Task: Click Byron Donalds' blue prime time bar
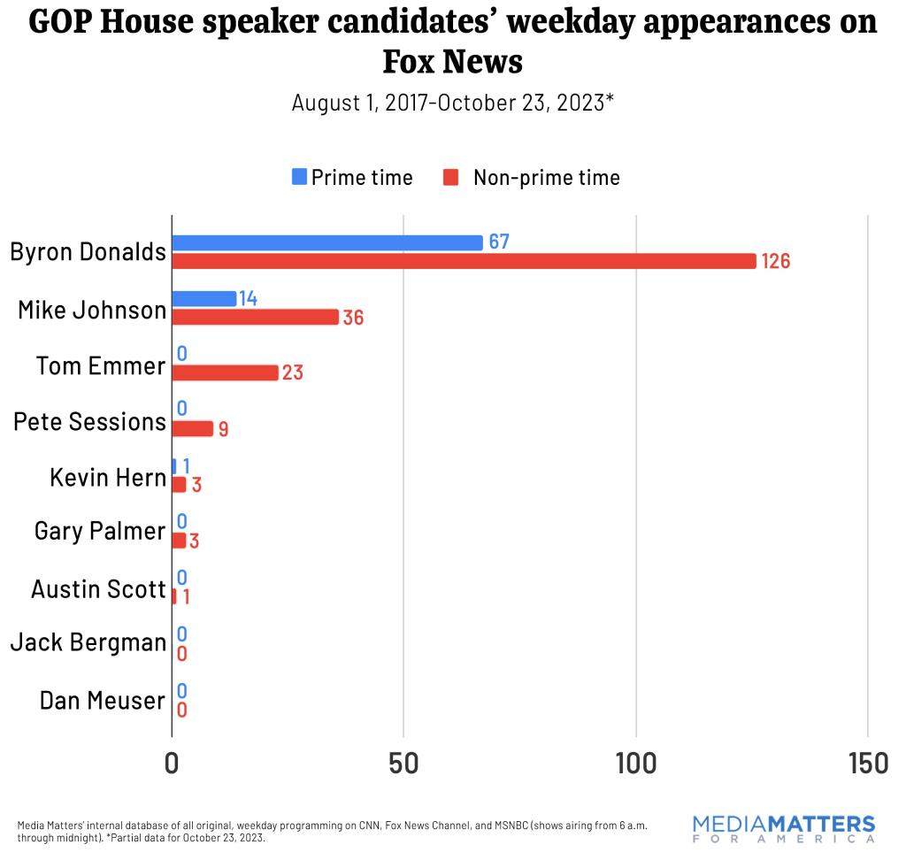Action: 327,242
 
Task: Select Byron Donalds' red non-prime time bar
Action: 464,261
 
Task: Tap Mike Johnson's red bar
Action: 255,317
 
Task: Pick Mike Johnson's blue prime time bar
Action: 204,298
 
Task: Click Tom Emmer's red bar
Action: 225,372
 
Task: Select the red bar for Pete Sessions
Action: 192,428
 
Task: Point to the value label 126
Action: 775,261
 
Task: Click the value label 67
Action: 499,242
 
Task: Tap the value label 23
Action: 293,372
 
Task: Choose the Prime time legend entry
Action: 352,177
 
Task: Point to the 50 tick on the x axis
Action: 403,763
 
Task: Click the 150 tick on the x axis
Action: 866,763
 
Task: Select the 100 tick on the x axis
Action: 635,763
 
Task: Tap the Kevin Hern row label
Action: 108,478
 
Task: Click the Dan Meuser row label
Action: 103,701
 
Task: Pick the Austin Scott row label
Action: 98,589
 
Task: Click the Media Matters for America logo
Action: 783,828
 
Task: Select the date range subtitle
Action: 452,103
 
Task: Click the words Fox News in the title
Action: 452,62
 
